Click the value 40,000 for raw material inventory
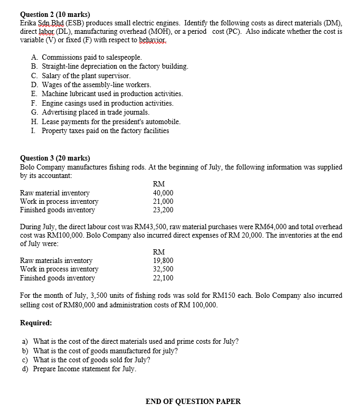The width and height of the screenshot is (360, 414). pyautogui.click(x=163, y=193)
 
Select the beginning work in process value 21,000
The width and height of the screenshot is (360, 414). pyautogui.click(x=163, y=202)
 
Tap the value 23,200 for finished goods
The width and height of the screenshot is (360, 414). pyautogui.click(x=163, y=210)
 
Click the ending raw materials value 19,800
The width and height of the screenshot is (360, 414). pyautogui.click(x=163, y=261)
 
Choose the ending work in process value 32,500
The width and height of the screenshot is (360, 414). pyautogui.click(x=163, y=269)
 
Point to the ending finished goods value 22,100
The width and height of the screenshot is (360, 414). pyautogui.click(x=163, y=278)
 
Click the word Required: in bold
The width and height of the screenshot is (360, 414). pyautogui.click(x=36, y=323)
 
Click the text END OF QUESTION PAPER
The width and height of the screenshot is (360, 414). pyautogui.click(x=193, y=401)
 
